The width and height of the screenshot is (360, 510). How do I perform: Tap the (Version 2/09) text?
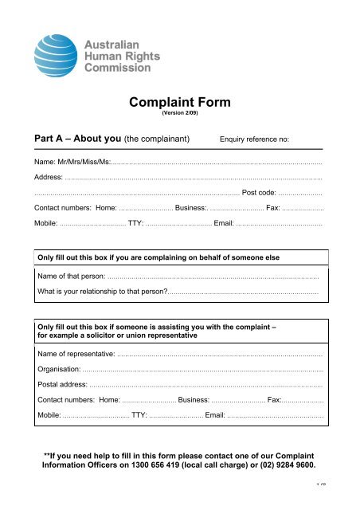(179, 113)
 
